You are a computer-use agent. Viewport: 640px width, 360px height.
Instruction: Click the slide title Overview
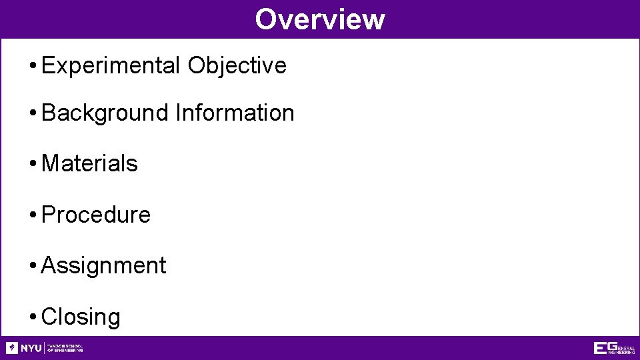click(x=319, y=19)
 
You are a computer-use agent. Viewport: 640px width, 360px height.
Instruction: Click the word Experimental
click(x=111, y=65)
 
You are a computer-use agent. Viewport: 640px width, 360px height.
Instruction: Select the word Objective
click(x=237, y=65)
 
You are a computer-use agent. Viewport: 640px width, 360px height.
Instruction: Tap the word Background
click(x=105, y=113)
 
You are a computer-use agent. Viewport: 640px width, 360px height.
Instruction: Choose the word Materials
click(x=89, y=163)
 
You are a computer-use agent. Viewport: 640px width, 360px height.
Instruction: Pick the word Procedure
click(x=96, y=215)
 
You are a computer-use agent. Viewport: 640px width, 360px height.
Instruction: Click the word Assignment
click(x=103, y=265)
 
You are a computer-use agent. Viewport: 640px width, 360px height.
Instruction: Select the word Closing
click(x=81, y=317)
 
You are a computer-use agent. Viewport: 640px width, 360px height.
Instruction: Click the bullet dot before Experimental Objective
click(x=33, y=66)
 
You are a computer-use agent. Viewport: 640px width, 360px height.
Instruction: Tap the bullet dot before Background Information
click(x=33, y=113)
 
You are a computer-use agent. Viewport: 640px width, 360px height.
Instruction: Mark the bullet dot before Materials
click(x=33, y=164)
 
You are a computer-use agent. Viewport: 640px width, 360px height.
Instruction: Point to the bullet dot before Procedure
click(x=33, y=215)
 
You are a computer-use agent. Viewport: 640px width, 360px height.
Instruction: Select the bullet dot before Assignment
click(x=33, y=266)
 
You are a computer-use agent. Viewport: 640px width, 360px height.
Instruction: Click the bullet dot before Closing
click(x=33, y=317)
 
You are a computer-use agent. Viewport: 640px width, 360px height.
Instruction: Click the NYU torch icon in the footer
click(x=12, y=348)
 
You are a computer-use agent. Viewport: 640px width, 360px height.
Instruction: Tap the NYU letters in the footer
click(x=31, y=348)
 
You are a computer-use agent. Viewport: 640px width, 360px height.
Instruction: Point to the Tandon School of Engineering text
click(x=65, y=348)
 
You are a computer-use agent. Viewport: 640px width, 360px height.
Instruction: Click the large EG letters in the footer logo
click(x=605, y=348)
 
